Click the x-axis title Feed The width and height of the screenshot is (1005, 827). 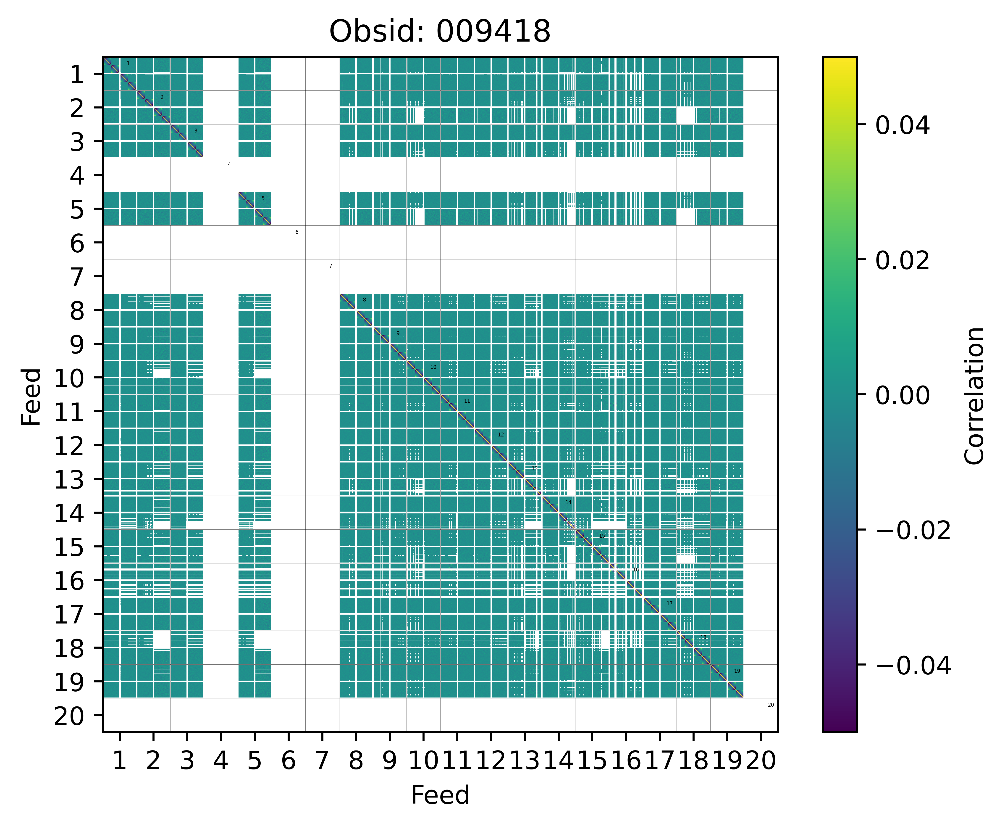coord(440,795)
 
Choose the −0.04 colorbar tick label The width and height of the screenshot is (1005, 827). coord(913,666)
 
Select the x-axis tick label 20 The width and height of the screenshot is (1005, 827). coord(761,761)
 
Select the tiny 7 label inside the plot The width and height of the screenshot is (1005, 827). coord(331,266)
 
